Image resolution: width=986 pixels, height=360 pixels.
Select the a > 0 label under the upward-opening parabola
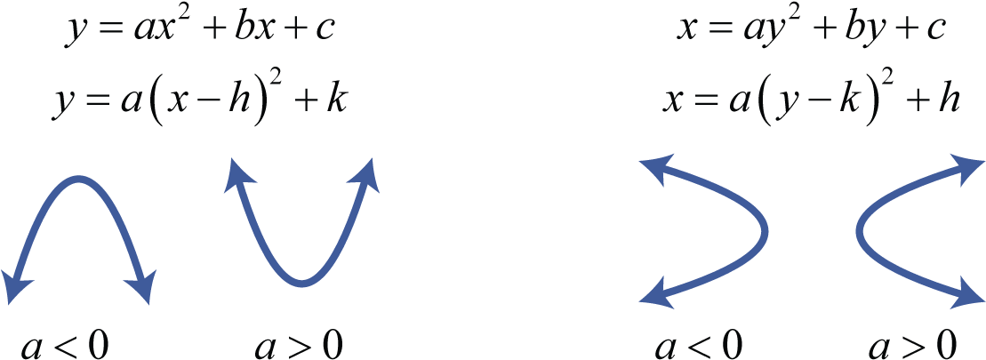[299, 344]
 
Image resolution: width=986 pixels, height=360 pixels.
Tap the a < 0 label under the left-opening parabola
[698, 344]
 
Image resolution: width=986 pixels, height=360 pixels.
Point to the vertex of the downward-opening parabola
[78, 179]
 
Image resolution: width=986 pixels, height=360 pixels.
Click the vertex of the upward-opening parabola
[302, 283]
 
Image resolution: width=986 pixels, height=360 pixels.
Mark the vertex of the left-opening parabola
[765, 230]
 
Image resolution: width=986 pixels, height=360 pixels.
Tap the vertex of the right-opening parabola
[861, 230]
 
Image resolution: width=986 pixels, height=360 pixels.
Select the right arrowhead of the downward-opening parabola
[140, 287]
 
